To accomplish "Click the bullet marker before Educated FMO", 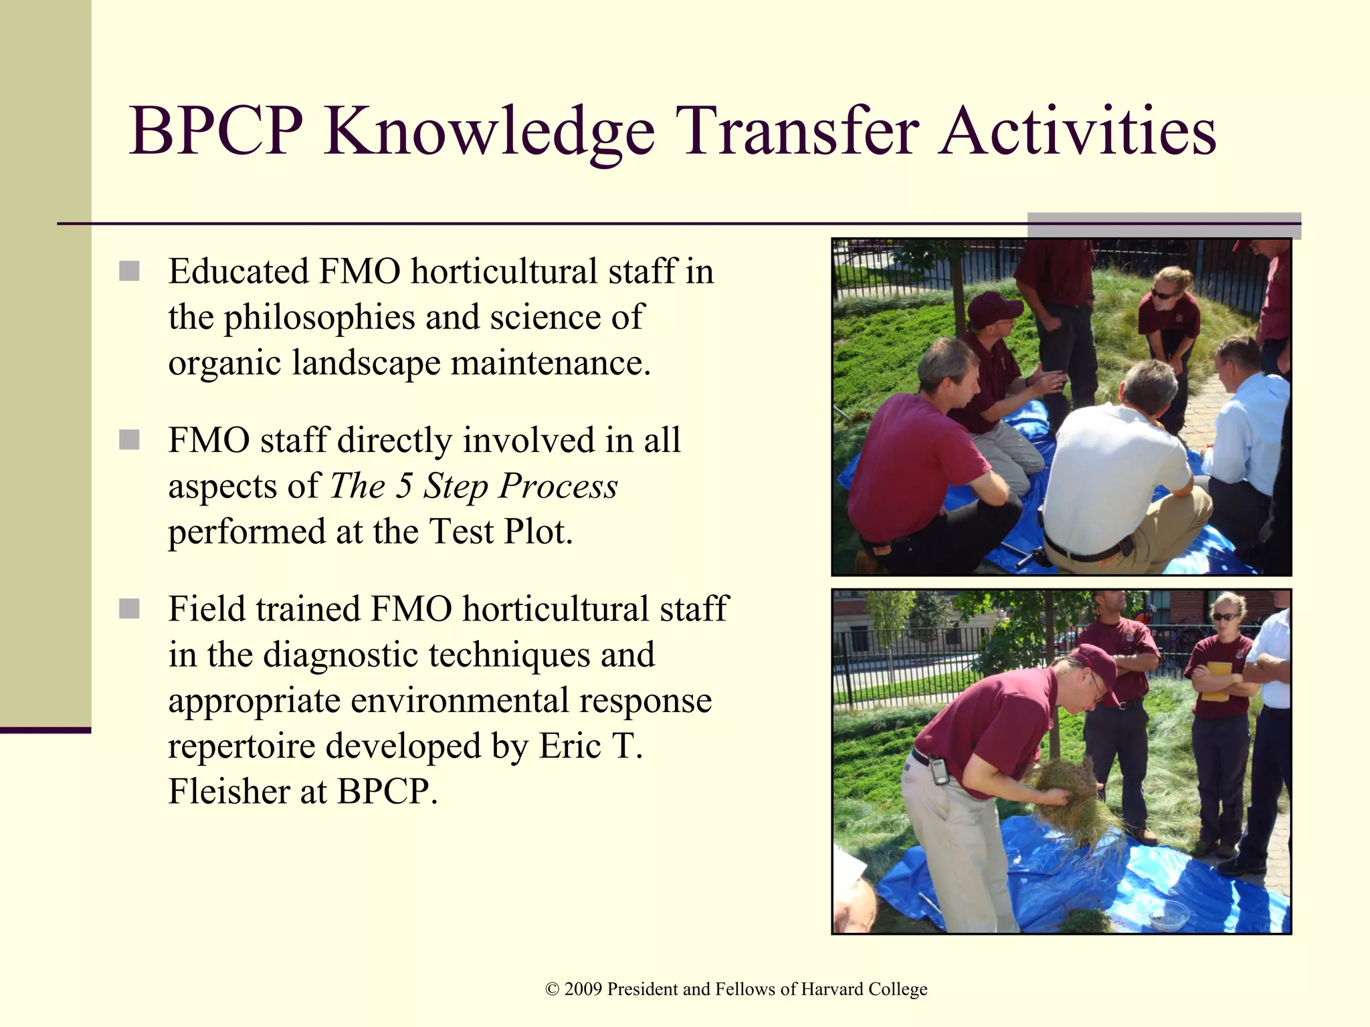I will point(129,271).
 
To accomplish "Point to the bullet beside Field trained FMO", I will point(129,609).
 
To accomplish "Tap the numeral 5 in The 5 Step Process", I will point(403,485).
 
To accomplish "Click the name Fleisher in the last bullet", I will point(229,792).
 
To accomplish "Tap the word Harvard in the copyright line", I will point(831,989).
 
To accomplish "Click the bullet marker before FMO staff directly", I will point(129,441).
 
